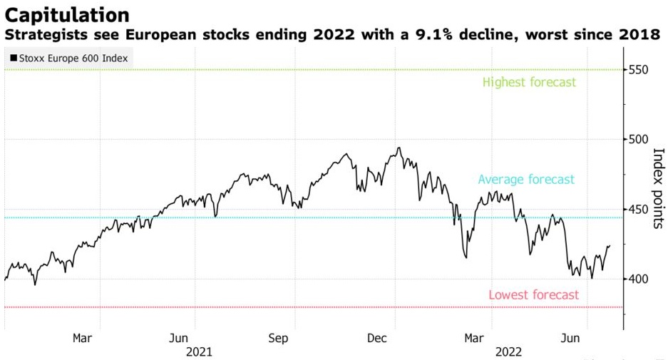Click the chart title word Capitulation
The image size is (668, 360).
tap(67, 14)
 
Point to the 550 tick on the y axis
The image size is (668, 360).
tap(639, 70)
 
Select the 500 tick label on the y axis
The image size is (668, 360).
tap(639, 140)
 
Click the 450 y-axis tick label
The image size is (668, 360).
tap(639, 210)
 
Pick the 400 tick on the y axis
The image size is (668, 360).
tap(639, 279)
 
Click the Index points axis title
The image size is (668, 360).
tap(658, 188)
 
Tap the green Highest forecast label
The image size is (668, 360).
tap(529, 82)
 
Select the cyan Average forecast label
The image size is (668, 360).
tap(526, 180)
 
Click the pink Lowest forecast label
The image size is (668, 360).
tap(533, 294)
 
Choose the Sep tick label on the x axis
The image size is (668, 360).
tap(279, 338)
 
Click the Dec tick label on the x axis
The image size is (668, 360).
tap(377, 338)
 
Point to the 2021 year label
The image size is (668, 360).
tap(198, 351)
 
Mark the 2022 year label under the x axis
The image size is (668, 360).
tap(508, 351)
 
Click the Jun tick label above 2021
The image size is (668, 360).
tap(180, 338)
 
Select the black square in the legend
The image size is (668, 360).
tap(14, 58)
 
